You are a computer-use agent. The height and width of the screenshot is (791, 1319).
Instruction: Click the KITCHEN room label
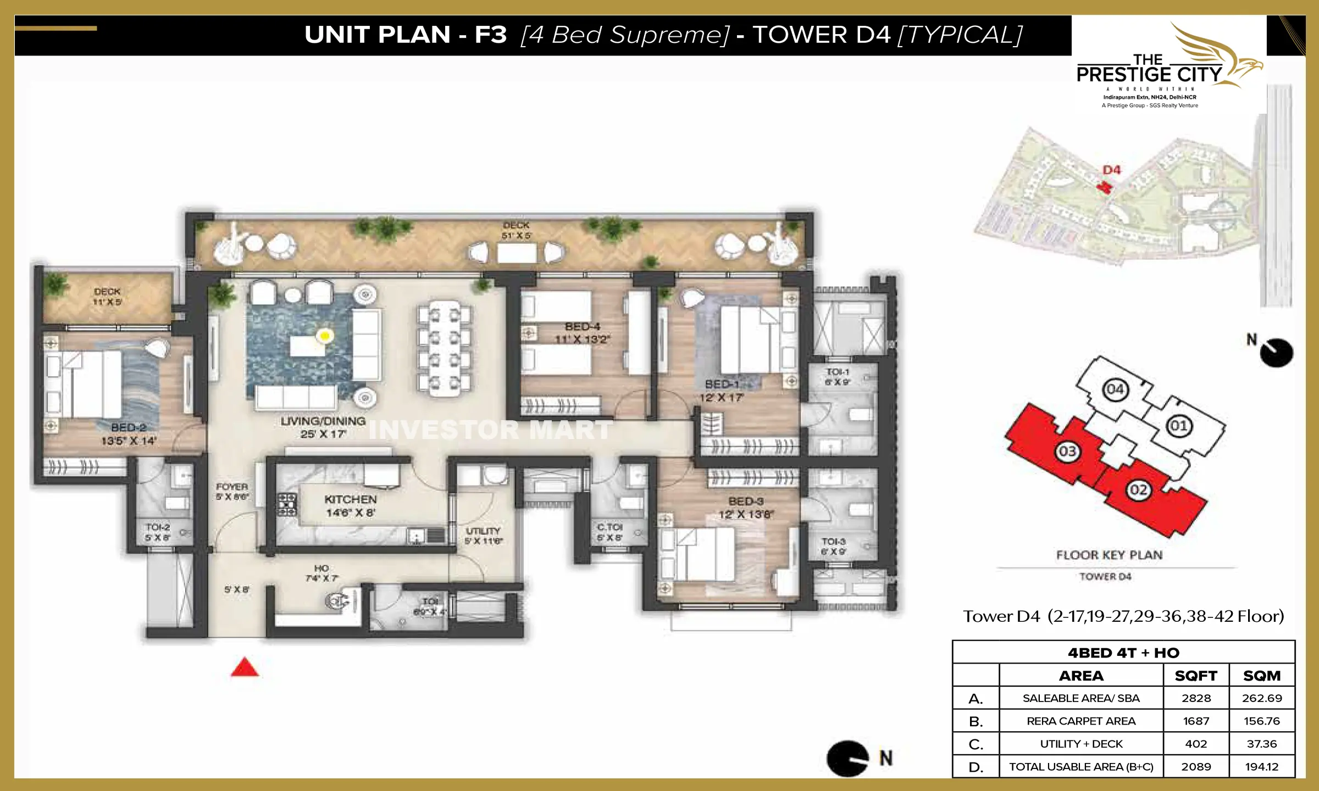coord(350,499)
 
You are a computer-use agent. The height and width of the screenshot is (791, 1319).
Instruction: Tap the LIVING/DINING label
coord(323,421)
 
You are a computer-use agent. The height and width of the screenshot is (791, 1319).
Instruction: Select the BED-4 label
coord(582,326)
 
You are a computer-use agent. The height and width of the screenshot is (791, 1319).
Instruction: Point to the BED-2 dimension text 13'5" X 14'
coord(129,441)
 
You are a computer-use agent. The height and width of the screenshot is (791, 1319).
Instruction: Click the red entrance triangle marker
coord(245,668)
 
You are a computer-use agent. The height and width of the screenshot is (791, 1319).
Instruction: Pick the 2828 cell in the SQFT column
coord(1196,698)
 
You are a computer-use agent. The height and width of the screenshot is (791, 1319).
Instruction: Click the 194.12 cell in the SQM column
coord(1261,766)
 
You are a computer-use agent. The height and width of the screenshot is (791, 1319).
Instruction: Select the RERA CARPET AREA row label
coord(1080,721)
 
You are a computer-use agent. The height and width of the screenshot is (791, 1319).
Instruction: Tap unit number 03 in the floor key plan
coord(1067,452)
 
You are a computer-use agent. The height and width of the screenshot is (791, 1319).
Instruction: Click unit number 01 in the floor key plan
coord(1178,426)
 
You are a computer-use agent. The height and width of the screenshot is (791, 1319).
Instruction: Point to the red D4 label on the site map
coord(1111,170)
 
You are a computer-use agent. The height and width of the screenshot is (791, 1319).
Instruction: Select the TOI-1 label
coord(838,372)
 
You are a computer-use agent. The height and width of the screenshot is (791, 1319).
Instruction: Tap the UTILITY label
coord(483,531)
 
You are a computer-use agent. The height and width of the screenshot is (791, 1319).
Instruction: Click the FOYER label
coord(232,487)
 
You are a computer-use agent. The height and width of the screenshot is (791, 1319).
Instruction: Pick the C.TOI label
coord(609,527)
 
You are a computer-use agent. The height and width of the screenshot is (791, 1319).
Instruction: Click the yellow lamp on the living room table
coord(325,335)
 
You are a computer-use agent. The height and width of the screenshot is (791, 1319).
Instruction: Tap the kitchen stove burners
coord(287,504)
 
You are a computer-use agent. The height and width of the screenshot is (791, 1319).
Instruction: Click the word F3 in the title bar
coord(490,35)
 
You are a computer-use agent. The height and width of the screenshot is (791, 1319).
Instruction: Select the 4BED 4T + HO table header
coord(1123,653)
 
